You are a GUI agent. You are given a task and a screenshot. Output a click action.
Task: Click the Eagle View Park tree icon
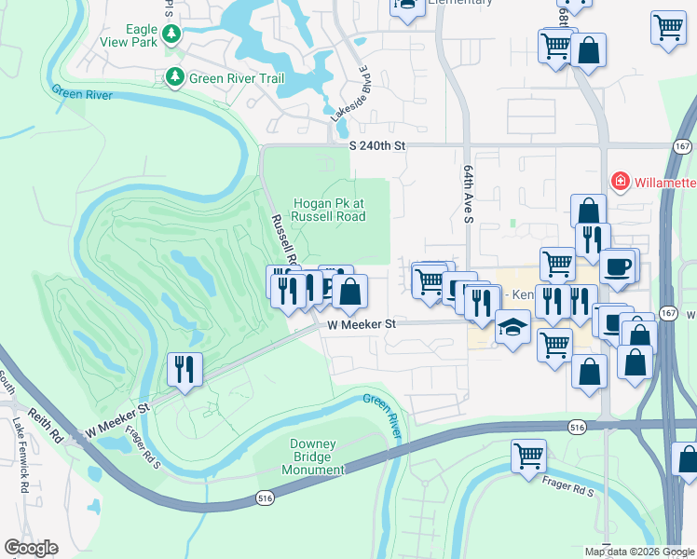point(171,34)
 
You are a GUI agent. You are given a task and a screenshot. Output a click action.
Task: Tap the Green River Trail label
point(237,78)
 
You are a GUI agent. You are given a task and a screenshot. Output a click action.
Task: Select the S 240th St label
point(378,146)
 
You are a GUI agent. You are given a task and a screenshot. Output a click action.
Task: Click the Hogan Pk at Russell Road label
point(329,210)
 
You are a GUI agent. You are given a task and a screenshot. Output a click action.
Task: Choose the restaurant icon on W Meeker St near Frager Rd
point(184,370)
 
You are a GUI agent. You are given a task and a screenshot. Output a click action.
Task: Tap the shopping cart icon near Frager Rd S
point(528,457)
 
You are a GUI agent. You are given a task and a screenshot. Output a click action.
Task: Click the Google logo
point(31,548)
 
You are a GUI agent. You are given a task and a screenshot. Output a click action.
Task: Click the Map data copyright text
point(638,552)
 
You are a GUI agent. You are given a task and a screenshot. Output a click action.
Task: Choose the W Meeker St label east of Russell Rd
point(362,324)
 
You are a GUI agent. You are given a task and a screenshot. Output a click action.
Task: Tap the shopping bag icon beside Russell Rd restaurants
point(349,292)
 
